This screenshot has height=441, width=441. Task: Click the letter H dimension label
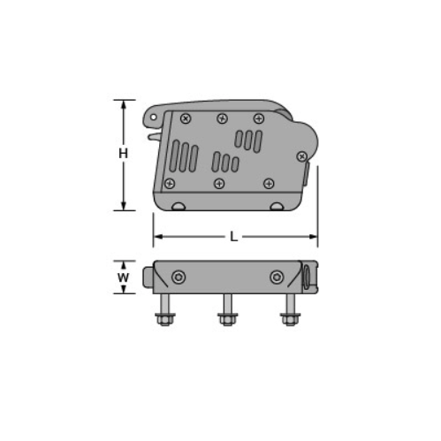coord(124,154)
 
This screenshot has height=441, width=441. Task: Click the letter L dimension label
coord(233,236)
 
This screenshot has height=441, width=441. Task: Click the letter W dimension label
coord(124,278)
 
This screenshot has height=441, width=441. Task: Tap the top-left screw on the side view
coord(185,118)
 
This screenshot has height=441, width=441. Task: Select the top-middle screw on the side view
coord(222,118)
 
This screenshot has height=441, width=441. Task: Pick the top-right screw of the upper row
coord(258,118)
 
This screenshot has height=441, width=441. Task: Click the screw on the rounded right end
coord(301,156)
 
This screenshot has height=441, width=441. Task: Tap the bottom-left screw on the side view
coord(170,183)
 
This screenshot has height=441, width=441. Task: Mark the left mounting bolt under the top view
coord(163,311)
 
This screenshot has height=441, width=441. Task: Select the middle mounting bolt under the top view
coord(226,311)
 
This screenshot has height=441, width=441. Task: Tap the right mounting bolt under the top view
coord(288,311)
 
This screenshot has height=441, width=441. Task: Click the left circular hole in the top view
coord(179,278)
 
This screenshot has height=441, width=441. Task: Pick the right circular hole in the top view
coord(278,278)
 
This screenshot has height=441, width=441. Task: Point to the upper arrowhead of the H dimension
coord(124,103)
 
